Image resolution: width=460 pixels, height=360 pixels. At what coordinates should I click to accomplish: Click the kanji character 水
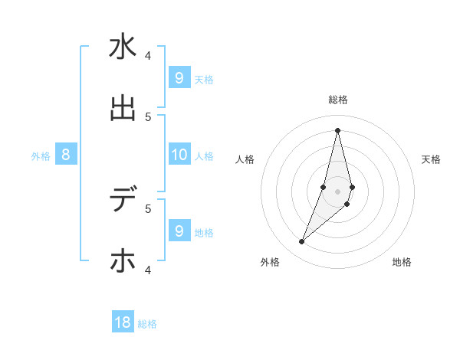123,47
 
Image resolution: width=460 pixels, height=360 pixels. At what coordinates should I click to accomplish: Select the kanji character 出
123,108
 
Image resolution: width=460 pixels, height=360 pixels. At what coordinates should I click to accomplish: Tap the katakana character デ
123,200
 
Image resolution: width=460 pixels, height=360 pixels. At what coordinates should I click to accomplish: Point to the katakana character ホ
123,260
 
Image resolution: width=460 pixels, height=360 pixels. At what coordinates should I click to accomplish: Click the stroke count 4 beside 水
148,55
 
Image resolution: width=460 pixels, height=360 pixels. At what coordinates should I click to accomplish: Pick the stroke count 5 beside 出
148,116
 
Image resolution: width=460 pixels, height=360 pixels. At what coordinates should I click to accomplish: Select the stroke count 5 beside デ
148,208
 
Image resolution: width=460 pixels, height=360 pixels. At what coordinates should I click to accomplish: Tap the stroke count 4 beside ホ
148,269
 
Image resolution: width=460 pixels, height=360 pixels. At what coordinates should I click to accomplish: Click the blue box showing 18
123,322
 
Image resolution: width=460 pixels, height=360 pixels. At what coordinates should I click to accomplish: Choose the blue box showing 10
179,155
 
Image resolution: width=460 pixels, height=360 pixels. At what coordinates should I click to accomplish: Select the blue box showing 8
66,155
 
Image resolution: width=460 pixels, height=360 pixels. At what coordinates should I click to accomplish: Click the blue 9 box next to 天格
179,78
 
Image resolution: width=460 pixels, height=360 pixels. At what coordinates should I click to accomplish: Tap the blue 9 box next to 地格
179,231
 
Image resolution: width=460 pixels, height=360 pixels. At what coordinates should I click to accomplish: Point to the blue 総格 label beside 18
147,324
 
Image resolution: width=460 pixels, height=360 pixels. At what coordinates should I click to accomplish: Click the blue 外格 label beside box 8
41,156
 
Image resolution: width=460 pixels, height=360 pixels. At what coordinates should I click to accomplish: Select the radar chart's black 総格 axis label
337,100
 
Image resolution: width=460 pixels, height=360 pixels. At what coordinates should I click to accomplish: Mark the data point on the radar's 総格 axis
337,130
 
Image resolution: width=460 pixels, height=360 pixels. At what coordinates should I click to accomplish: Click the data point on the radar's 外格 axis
301,242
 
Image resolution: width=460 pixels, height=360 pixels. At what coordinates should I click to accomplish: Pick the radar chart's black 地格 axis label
402,262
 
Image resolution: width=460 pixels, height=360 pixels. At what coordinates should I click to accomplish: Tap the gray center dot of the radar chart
337,191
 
